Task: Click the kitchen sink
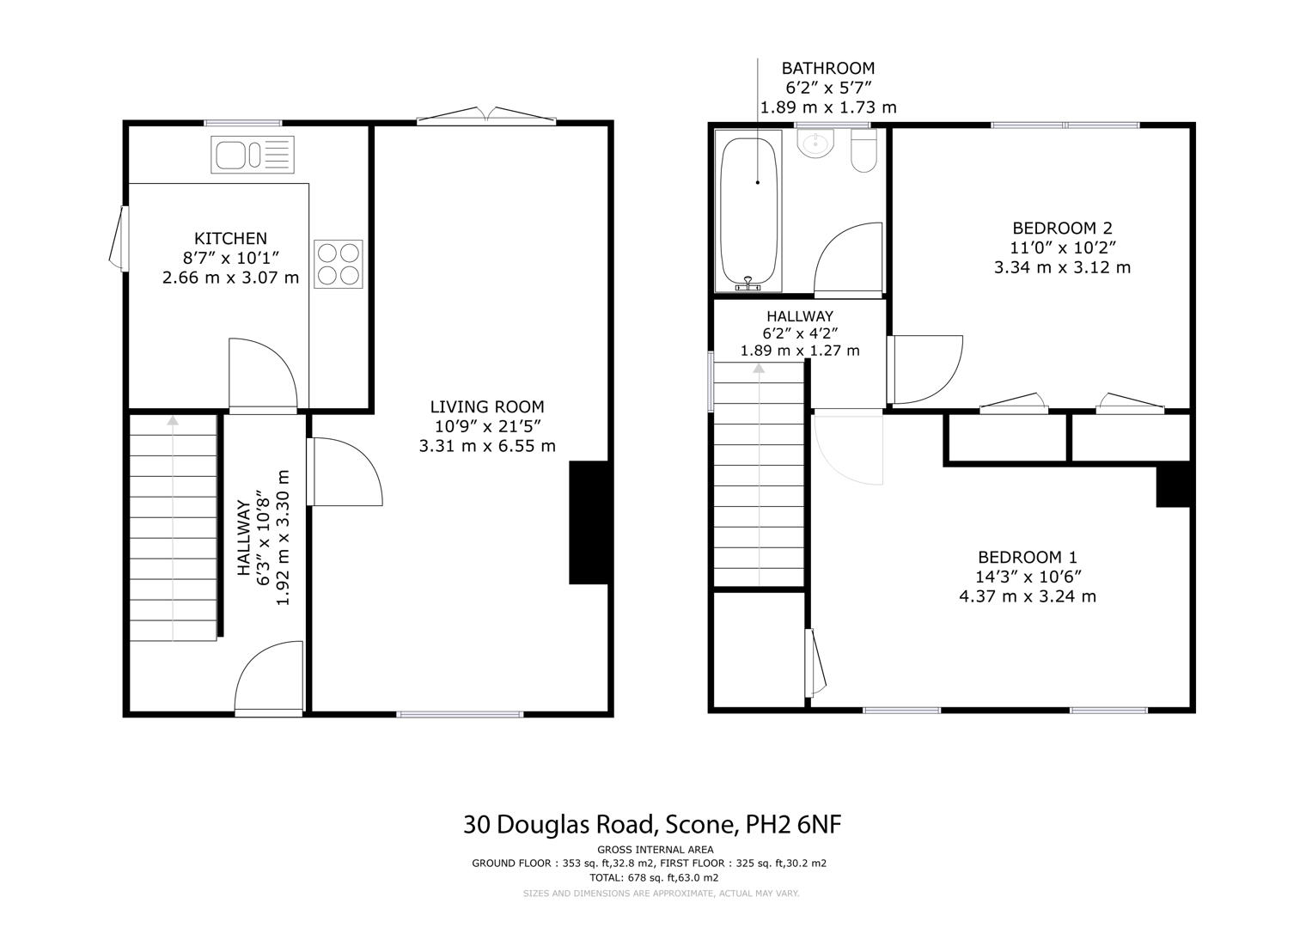[253, 155]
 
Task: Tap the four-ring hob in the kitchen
[338, 264]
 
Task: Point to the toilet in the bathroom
[863, 150]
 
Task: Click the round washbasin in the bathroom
[815, 143]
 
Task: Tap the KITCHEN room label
[230, 239]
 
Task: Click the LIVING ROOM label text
[487, 406]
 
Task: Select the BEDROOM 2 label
[1063, 228]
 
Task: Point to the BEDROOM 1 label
[1028, 557]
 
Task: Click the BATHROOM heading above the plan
[828, 68]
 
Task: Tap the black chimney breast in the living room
[589, 522]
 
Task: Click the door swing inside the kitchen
[263, 375]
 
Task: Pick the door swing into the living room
[345, 472]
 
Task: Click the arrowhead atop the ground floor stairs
[172, 420]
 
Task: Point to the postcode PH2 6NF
[794, 824]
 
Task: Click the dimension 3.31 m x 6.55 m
[487, 446]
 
